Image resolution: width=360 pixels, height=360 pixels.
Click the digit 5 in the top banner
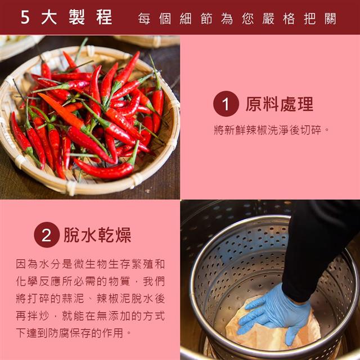point(25,17)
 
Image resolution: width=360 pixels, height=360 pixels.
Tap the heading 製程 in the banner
point(91,17)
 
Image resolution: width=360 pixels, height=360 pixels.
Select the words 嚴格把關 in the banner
point(299,19)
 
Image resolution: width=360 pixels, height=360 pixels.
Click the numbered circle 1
point(226,103)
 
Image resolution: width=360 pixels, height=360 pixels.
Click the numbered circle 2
point(47,235)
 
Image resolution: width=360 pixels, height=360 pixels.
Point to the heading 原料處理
point(280,104)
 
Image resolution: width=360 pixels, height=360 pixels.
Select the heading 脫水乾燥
point(97,235)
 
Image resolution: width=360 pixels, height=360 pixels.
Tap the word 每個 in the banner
point(155,19)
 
